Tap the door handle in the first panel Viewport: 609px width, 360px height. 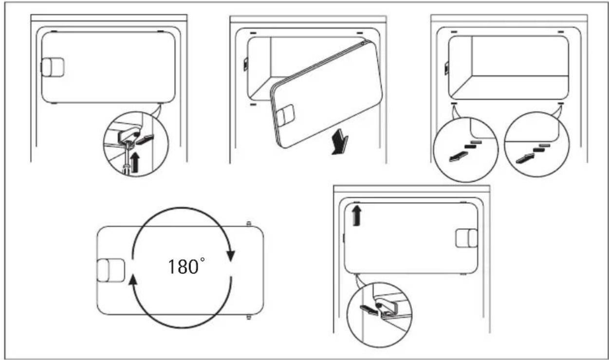(x=52, y=68)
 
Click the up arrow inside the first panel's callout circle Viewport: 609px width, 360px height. (x=134, y=161)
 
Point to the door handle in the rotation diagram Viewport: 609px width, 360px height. (x=111, y=270)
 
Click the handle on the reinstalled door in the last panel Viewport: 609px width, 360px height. (x=466, y=238)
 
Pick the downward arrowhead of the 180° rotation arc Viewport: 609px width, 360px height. (x=231, y=256)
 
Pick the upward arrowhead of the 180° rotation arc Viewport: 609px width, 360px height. (x=131, y=279)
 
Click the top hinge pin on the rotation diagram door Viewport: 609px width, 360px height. (x=249, y=224)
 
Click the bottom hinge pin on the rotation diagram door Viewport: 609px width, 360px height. (x=249, y=317)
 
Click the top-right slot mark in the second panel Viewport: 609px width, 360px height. (x=360, y=33)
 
